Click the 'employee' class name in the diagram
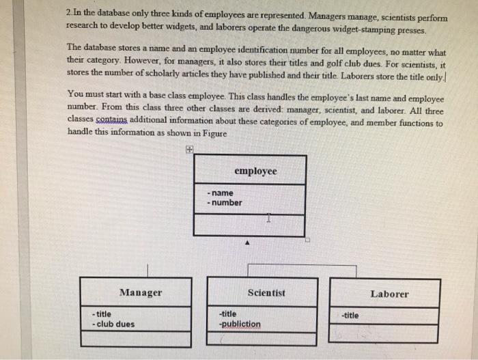(255, 171)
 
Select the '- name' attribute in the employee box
(220, 193)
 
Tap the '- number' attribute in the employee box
(224, 202)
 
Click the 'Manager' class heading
(141, 292)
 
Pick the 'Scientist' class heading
(266, 292)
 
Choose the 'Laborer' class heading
(389, 294)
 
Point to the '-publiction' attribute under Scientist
(240, 324)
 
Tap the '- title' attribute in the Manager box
(102, 314)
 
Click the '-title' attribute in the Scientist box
(228, 314)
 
